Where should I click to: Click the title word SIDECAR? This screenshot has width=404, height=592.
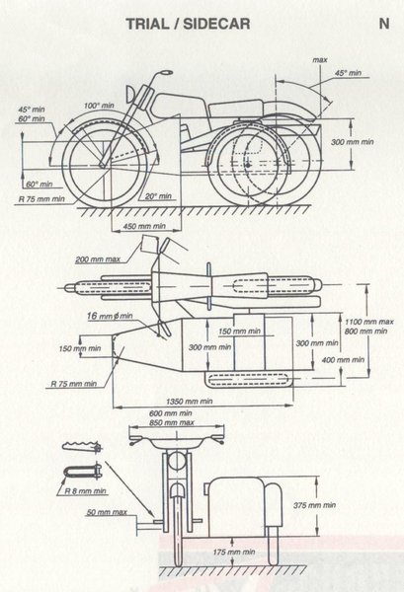[x=216, y=24]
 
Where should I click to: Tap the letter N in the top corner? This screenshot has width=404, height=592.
[x=384, y=24]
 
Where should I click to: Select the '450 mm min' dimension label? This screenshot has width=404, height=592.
[x=145, y=226]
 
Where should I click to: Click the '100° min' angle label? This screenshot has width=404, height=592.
[x=99, y=106]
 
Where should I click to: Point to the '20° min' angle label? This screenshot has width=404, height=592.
[x=159, y=196]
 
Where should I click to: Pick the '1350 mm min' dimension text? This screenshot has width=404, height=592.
[x=190, y=402]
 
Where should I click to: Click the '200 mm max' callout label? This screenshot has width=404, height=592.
[x=98, y=259]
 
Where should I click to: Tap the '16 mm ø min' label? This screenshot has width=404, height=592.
[x=110, y=316]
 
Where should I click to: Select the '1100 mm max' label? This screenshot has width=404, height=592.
[x=369, y=322]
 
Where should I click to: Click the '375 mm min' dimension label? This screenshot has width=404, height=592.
[x=314, y=505]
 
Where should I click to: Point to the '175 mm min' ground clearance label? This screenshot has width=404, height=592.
[x=234, y=552]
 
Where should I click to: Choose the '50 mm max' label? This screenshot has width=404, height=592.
[x=107, y=512]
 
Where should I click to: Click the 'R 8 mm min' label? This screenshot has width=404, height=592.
[x=85, y=490]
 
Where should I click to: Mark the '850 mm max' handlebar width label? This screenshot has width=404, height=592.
[x=172, y=423]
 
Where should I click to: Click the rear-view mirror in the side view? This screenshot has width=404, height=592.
[x=166, y=72]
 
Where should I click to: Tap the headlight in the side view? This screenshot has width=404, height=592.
[x=130, y=94]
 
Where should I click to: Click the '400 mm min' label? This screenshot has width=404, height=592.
[x=343, y=360]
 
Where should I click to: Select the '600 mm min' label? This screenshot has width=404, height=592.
[x=171, y=413]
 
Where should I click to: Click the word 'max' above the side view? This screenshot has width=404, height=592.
[x=320, y=59]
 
